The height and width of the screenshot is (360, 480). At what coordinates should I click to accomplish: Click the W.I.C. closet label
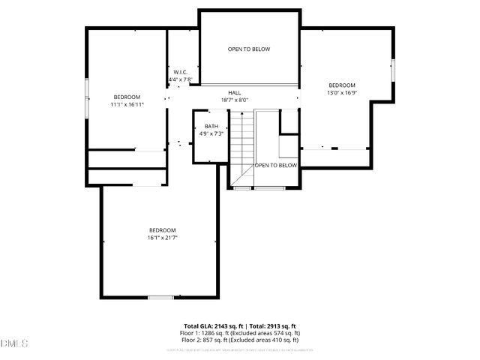click(x=180, y=72)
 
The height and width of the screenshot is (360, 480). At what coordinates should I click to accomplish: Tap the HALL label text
click(x=234, y=92)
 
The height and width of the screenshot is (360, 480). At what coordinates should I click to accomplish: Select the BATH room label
click(x=211, y=126)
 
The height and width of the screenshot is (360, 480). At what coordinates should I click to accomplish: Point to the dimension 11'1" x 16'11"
click(x=127, y=105)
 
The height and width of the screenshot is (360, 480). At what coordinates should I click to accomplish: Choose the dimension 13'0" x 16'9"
click(x=341, y=93)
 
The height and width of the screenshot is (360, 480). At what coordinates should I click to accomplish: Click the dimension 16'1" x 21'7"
click(x=162, y=238)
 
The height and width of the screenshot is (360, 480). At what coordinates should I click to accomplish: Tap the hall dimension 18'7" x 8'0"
click(x=234, y=100)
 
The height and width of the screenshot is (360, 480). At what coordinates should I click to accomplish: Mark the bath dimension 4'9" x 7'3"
click(x=211, y=133)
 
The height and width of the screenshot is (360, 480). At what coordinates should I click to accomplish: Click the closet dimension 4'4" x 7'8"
click(x=180, y=79)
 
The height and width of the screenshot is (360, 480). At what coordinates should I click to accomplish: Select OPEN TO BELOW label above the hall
click(x=249, y=49)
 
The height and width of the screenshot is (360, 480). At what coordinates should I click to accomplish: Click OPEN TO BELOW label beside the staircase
click(x=276, y=165)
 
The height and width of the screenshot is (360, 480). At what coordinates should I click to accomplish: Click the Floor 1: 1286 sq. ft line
click(x=240, y=332)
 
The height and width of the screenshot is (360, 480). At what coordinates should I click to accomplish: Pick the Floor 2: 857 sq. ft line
click(x=240, y=339)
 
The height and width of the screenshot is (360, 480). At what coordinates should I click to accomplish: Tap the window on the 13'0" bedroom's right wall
click(x=393, y=69)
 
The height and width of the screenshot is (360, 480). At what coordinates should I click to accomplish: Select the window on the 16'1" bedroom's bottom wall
click(x=160, y=298)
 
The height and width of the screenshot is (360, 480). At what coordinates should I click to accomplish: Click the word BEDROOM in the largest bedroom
click(x=162, y=230)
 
